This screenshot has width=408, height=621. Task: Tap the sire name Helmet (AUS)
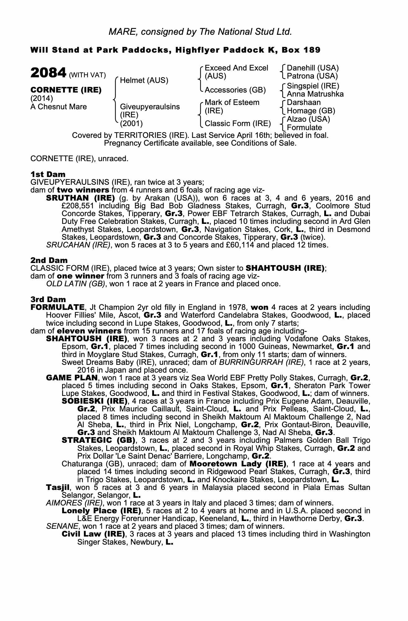coord(144,80)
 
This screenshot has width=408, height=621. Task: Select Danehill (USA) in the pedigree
coord(313,68)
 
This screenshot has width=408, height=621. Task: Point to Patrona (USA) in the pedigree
coord(312,76)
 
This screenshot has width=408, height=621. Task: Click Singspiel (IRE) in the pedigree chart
coord(313,86)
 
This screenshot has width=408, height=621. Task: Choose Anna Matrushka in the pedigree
coord(315,94)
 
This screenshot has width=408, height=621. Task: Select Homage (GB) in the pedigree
coord(311,111)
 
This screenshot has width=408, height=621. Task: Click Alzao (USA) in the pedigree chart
coord(308,119)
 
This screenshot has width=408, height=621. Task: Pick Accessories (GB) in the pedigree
coord(235,90)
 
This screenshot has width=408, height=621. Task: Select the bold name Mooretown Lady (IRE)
coord(238,464)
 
